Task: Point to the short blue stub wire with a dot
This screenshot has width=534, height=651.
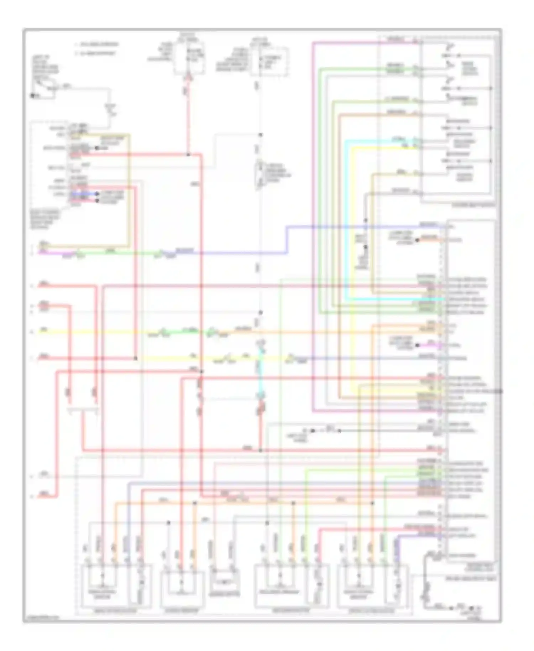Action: [x=84, y=194]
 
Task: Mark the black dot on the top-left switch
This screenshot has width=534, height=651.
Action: [x=32, y=95]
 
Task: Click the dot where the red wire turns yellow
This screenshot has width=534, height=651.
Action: [x=136, y=358]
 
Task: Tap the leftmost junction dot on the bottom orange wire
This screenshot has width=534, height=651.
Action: [x=195, y=503]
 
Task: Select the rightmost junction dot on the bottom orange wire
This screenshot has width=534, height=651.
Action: [x=373, y=503]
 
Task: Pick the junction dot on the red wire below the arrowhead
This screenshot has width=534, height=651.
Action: [x=188, y=155]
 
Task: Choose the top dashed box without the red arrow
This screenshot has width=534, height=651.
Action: [x=269, y=61]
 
